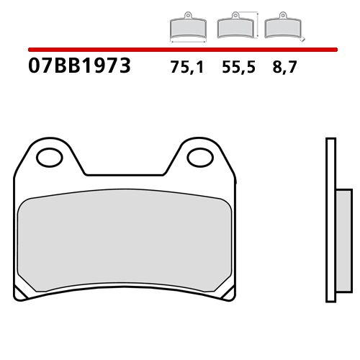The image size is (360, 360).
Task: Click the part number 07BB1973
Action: pos(79,68)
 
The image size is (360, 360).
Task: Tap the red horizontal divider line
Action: pos(180,50)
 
